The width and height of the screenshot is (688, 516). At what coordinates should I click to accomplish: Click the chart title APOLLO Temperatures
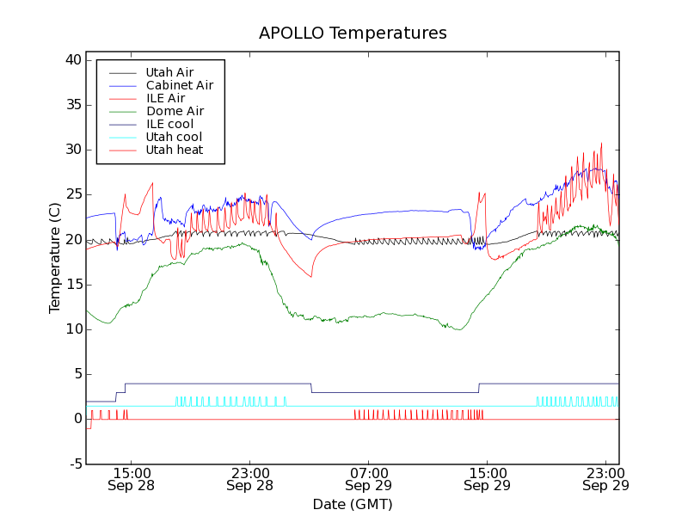point(353,34)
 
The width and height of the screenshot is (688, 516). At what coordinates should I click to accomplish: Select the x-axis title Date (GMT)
point(353,503)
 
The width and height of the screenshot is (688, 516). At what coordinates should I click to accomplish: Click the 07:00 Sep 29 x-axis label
point(368,479)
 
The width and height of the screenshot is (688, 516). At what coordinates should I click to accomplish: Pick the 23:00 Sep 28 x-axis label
point(249,479)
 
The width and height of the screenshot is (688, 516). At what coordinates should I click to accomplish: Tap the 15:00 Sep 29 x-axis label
point(487,479)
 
